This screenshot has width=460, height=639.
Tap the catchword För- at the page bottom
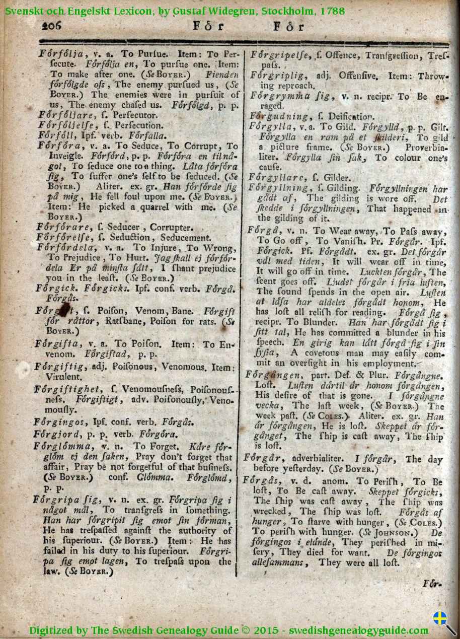[432, 584]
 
